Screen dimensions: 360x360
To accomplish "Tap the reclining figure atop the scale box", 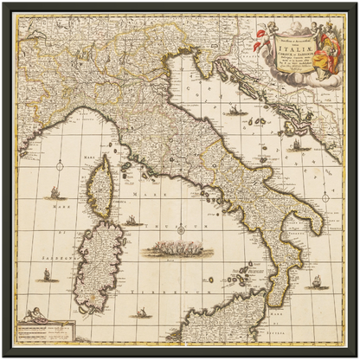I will pos(39,315).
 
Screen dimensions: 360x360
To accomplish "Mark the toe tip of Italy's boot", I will pos(270,305).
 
